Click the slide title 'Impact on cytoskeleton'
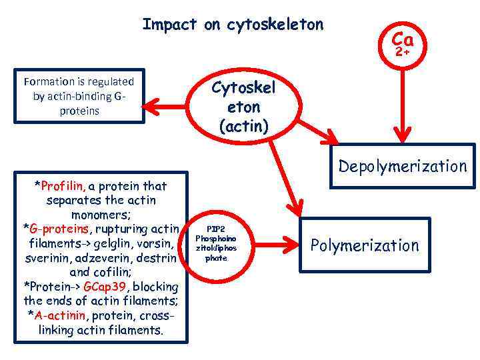click(x=233, y=25)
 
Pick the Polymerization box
click(x=365, y=245)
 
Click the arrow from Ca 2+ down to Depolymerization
click(x=402, y=100)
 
